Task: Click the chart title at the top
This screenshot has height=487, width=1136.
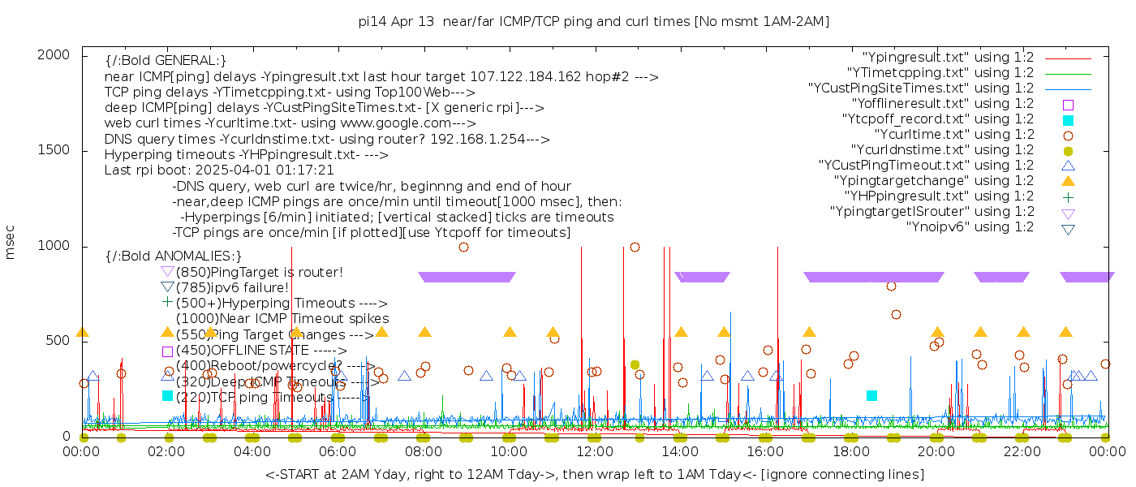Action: coord(594,22)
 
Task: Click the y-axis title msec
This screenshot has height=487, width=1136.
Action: coord(11,245)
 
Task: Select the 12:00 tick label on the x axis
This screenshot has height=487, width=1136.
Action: coord(595,451)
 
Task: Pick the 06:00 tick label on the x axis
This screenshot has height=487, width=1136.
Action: coord(338,451)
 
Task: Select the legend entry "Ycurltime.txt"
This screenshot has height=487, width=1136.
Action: coord(954,135)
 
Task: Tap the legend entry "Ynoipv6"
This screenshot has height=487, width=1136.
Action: coord(970,227)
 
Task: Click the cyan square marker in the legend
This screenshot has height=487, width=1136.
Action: coord(1068,120)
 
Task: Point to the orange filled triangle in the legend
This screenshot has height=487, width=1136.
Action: coord(1068,181)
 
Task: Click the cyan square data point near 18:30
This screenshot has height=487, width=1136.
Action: coord(871,395)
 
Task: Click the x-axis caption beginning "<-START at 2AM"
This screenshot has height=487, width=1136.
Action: coord(594,474)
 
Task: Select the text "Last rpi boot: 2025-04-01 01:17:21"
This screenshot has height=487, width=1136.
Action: coord(219,170)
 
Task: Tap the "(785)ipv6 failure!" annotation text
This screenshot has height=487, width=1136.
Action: coord(232,287)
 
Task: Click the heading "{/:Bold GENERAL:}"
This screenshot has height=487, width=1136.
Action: coord(166,61)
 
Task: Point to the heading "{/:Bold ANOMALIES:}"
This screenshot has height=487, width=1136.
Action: coord(174,256)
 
